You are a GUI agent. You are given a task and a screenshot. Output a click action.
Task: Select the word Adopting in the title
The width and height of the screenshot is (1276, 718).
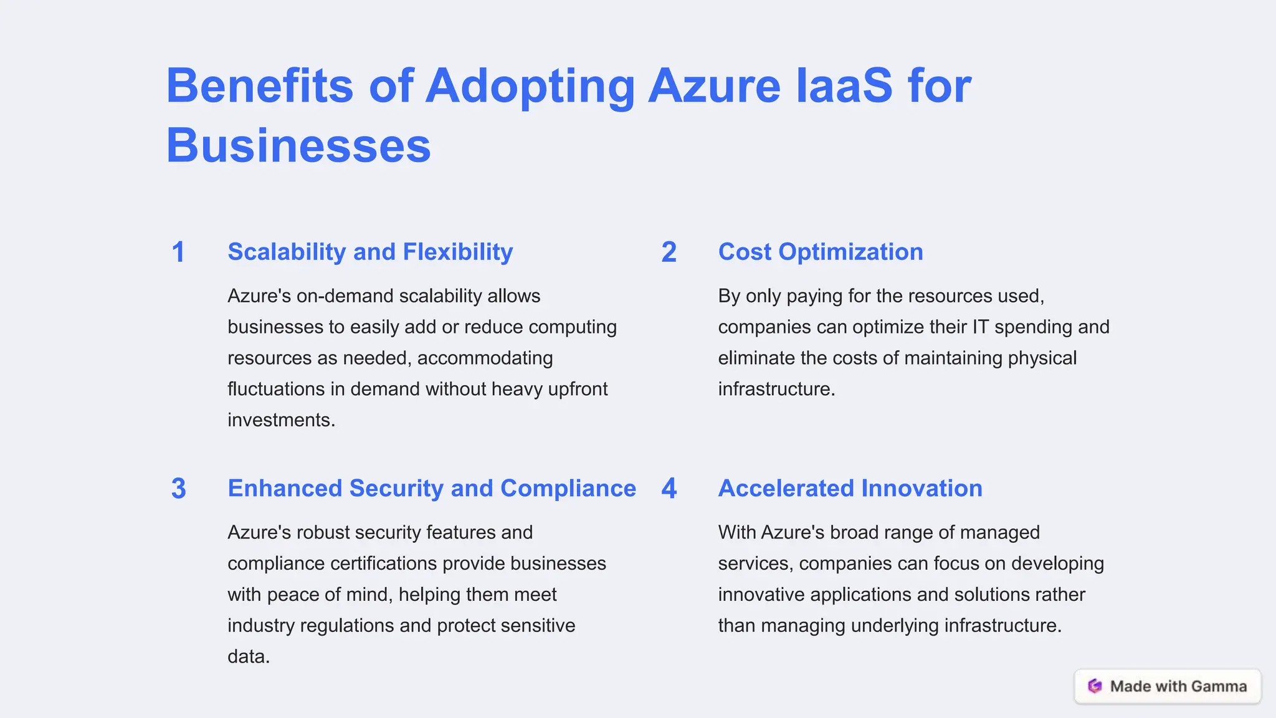[x=530, y=87]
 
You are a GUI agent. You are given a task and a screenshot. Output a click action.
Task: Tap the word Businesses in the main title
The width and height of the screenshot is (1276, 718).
[x=298, y=146]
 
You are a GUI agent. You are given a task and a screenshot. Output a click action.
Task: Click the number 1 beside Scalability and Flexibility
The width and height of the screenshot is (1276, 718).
[x=178, y=252]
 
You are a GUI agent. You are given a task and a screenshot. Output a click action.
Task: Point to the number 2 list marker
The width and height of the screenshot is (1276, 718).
[x=669, y=252]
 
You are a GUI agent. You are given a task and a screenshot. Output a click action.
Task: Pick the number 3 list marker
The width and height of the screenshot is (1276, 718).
[x=178, y=489]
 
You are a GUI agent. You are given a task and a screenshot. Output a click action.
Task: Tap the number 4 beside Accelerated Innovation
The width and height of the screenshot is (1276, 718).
[x=669, y=489]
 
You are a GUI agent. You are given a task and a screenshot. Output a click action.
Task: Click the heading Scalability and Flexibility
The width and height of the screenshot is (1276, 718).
[x=370, y=252]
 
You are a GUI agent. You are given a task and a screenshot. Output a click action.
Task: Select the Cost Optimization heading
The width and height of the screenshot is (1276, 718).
[x=821, y=252]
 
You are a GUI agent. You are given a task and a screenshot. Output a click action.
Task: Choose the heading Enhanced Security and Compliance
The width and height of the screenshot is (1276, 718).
[x=432, y=489]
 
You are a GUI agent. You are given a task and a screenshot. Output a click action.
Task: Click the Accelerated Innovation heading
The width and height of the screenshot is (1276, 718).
[x=850, y=489]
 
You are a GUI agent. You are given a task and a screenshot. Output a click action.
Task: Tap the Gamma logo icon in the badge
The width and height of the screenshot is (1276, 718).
[x=1095, y=686]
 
